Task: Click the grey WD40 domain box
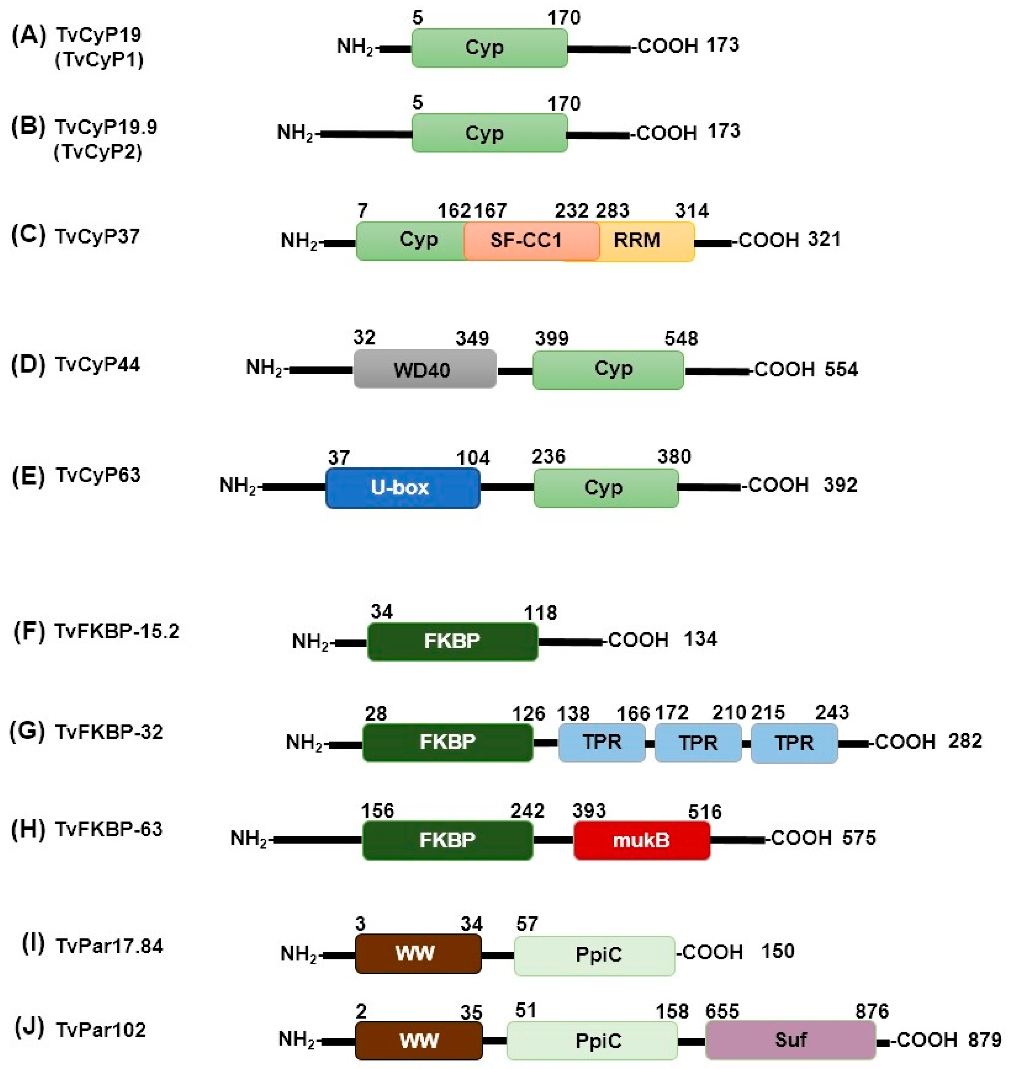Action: (425, 369)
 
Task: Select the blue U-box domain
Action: (402, 488)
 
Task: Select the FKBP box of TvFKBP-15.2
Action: (452, 641)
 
